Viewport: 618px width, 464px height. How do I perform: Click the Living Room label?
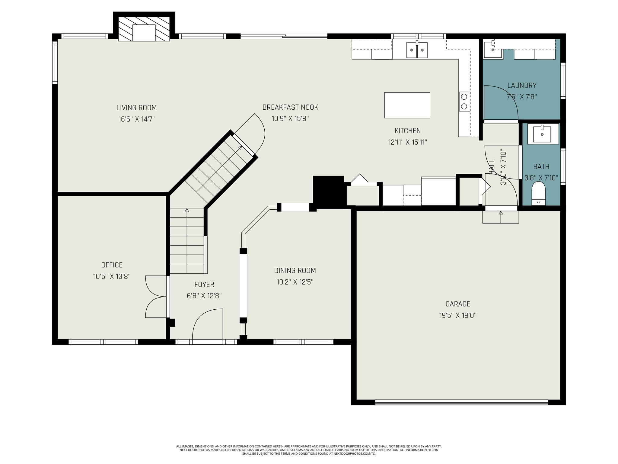click(x=136, y=108)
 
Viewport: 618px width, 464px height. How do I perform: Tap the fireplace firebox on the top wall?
click(x=144, y=33)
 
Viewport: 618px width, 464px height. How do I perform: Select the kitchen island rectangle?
click(x=407, y=105)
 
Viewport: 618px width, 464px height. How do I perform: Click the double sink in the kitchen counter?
click(x=417, y=50)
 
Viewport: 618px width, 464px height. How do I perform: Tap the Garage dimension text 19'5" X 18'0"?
click(x=458, y=315)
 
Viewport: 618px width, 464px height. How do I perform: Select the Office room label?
click(x=112, y=265)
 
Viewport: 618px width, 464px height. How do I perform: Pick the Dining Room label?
click(x=295, y=270)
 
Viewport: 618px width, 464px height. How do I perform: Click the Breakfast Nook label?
click(x=290, y=107)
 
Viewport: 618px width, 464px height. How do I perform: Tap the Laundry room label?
click(x=522, y=85)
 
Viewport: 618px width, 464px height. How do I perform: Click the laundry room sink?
click(x=493, y=50)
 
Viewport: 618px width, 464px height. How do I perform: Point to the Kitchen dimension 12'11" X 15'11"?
click(x=408, y=142)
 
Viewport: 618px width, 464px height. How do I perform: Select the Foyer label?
click(x=204, y=284)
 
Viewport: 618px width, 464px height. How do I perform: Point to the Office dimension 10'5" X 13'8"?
click(x=112, y=276)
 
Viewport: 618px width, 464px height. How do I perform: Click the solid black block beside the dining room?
click(x=328, y=192)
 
